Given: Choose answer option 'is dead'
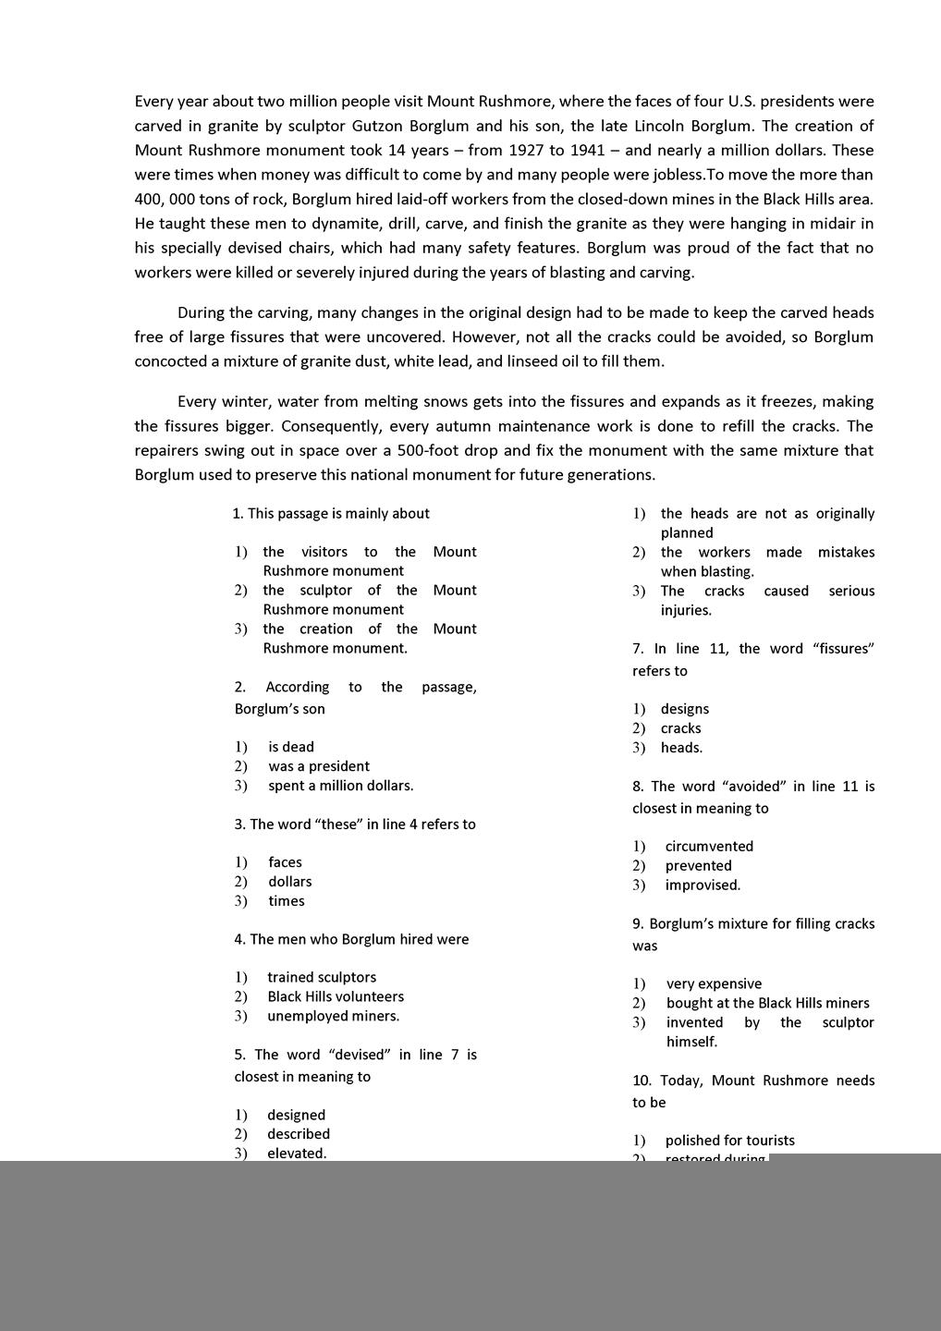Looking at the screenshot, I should tap(291, 747).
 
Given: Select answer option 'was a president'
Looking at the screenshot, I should tap(318, 766).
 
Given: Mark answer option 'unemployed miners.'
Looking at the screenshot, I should tap(333, 1016).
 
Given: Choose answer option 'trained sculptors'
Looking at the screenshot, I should tap(322, 977).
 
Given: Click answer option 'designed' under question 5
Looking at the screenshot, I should tap(296, 1115).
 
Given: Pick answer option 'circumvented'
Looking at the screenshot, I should tap(709, 846).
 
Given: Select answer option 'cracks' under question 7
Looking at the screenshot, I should tap(680, 728).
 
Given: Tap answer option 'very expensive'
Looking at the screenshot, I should tap(714, 983).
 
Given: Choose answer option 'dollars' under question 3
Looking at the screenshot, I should tap(290, 882).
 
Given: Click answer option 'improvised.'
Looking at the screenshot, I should tap(703, 885).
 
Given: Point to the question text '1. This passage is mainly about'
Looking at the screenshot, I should tap(331, 513).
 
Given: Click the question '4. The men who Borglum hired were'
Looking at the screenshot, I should tap(351, 939).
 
